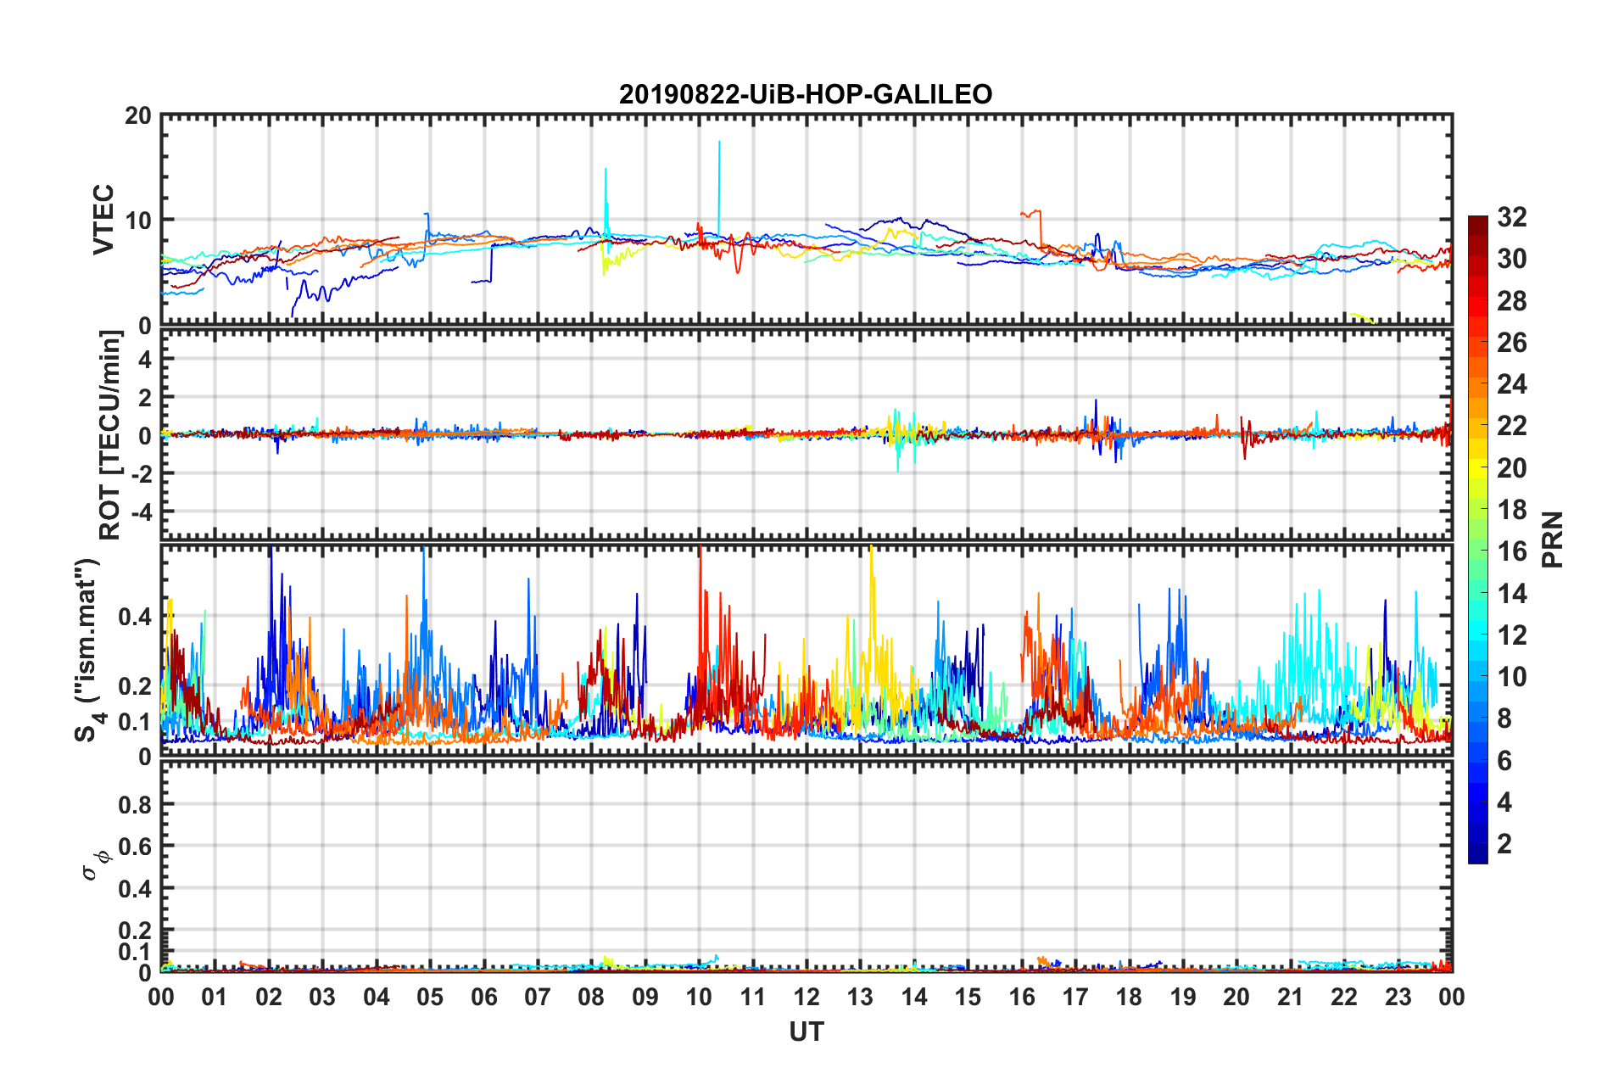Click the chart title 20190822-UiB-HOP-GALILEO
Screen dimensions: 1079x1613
(x=805, y=94)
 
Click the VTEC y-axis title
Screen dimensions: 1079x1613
(x=103, y=219)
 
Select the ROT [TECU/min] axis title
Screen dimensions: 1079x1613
(x=110, y=435)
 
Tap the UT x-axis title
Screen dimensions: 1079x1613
(x=806, y=1031)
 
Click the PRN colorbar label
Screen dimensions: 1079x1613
(x=1553, y=539)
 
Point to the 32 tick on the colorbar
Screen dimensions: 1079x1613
(x=1512, y=218)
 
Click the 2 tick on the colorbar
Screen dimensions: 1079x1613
(x=1505, y=844)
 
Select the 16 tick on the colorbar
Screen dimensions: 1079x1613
(x=1512, y=552)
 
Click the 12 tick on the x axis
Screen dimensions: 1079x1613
(x=806, y=997)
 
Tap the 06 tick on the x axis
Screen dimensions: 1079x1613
(x=483, y=997)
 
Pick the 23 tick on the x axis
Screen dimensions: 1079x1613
(x=1398, y=997)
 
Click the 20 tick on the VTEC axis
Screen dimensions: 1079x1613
(x=138, y=116)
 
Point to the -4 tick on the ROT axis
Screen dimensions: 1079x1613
(x=142, y=512)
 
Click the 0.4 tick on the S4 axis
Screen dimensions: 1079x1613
(x=135, y=617)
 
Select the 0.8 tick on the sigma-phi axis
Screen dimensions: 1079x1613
(x=135, y=804)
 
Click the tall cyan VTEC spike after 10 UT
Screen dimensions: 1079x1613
(x=719, y=144)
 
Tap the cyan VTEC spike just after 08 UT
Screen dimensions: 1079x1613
(x=606, y=172)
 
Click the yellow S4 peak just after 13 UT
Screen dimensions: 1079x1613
(x=872, y=551)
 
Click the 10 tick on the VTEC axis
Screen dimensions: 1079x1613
(x=138, y=221)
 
